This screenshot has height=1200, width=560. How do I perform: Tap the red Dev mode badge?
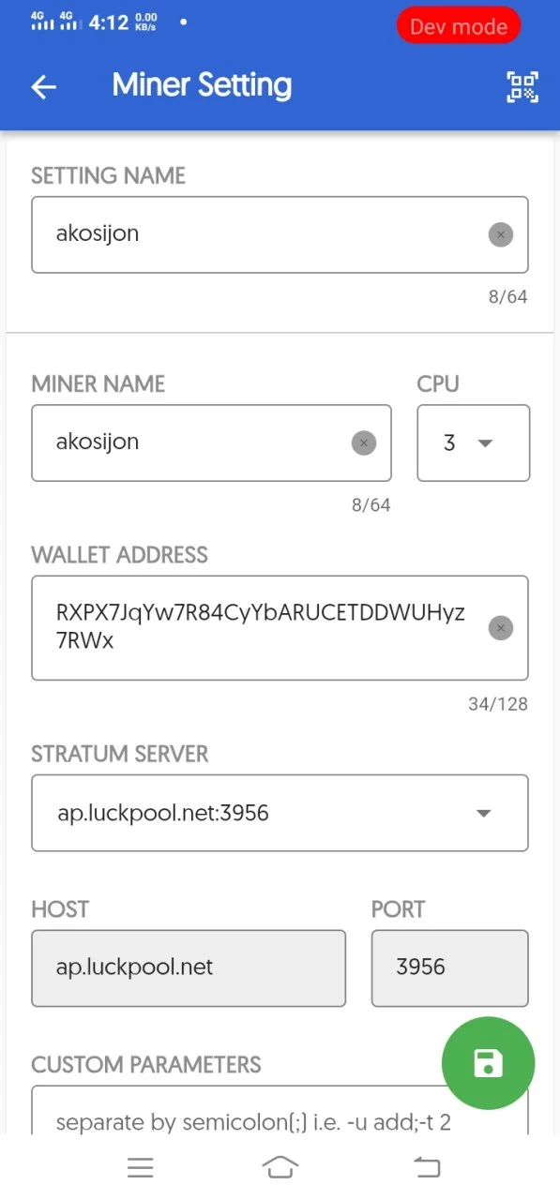click(458, 25)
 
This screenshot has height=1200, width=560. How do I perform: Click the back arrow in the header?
click(43, 87)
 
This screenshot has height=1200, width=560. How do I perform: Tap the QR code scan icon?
click(522, 87)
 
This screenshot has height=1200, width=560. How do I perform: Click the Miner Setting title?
click(202, 85)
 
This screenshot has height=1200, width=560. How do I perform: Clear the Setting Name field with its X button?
click(501, 234)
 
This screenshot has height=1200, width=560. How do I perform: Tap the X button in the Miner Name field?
click(363, 443)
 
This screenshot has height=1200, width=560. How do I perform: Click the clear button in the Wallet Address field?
click(501, 628)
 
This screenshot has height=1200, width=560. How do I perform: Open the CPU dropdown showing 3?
click(473, 443)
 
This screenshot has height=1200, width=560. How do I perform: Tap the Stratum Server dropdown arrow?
click(483, 813)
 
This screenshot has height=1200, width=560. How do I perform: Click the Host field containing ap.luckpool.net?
click(189, 968)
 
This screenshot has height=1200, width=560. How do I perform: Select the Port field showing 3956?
click(449, 968)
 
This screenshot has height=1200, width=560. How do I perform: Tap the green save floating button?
click(488, 1063)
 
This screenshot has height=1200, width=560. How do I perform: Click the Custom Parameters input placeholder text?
click(253, 1122)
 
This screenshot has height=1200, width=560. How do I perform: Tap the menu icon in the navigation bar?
click(141, 1167)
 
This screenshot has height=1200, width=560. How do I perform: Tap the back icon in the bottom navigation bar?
click(427, 1167)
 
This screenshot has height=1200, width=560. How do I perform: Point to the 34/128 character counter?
click(498, 704)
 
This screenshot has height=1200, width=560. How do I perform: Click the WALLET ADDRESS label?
click(119, 555)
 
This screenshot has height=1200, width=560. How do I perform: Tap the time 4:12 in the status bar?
click(109, 22)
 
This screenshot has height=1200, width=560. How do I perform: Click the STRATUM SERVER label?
click(119, 754)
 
